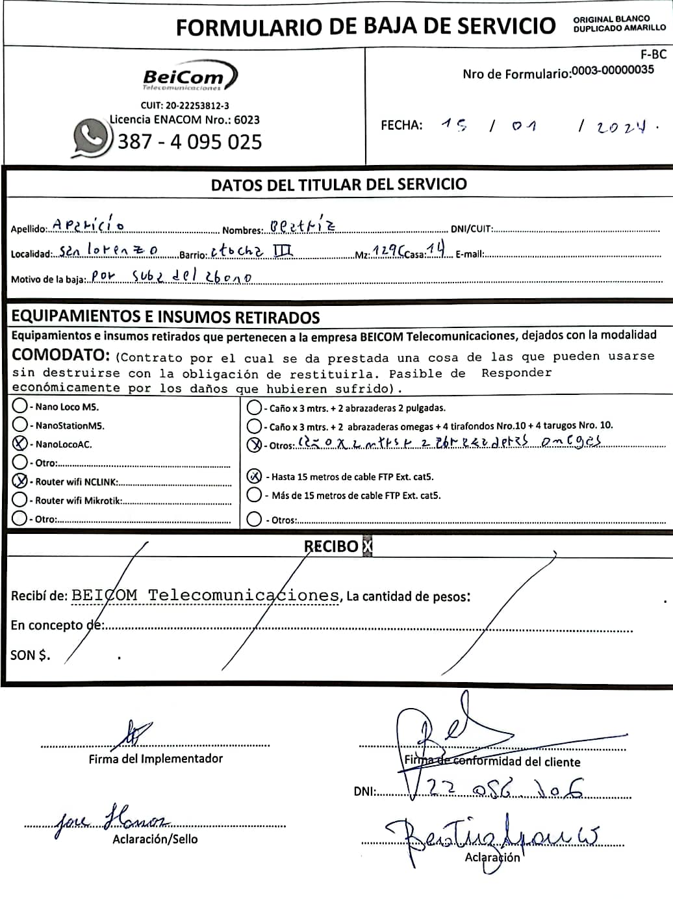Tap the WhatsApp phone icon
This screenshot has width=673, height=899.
(x=91, y=138)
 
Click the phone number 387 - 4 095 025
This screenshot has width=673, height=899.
(x=190, y=142)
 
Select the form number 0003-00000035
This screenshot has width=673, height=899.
(x=613, y=70)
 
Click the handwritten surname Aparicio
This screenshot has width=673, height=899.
(x=88, y=225)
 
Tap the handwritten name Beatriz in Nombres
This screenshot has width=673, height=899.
(x=303, y=226)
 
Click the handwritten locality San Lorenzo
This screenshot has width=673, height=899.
(x=108, y=250)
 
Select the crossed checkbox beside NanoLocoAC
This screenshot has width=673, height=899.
(x=20, y=444)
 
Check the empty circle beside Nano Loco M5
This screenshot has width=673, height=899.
(x=20, y=406)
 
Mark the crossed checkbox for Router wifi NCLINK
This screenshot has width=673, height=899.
(x=20, y=481)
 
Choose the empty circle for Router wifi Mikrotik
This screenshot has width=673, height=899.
(x=20, y=500)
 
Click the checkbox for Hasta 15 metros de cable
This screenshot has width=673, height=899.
(x=255, y=476)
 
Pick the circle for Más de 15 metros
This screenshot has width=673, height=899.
(x=255, y=495)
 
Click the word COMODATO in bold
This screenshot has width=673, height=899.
(x=61, y=355)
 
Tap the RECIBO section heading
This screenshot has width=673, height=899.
(x=331, y=546)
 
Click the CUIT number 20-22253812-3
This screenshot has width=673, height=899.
(x=185, y=105)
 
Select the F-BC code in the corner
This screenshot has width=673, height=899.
(x=653, y=55)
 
